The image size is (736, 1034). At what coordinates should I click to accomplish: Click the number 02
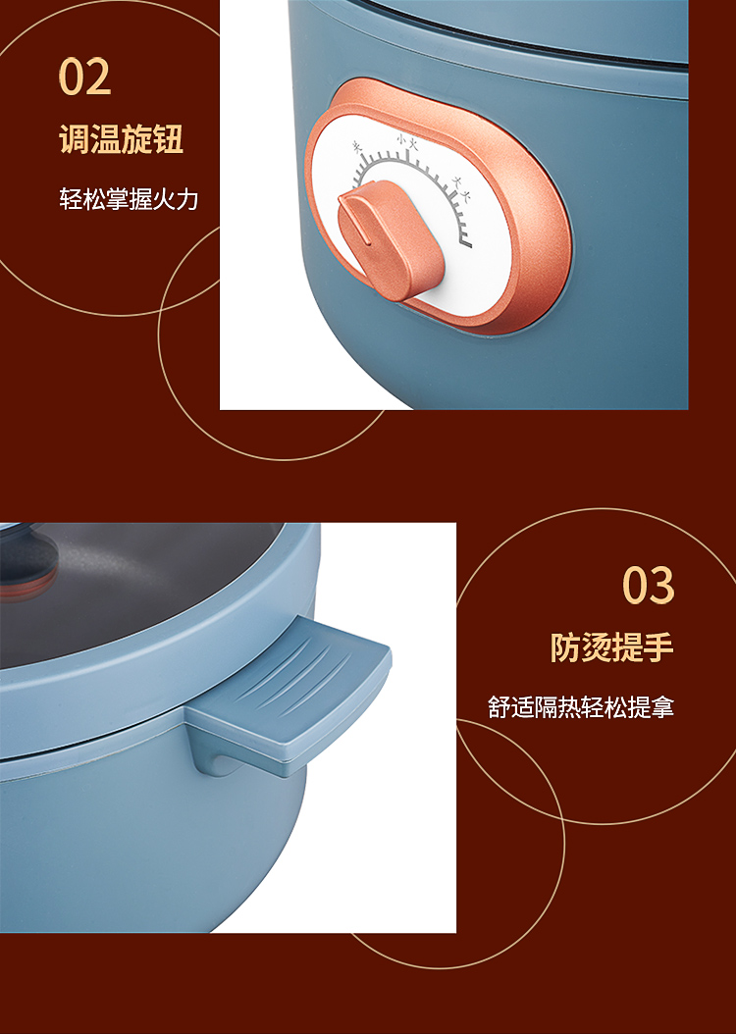[84, 77]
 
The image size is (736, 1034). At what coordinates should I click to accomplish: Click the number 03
[649, 585]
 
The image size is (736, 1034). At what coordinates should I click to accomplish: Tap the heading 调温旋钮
[122, 138]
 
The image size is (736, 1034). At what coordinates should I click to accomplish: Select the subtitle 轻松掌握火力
[129, 198]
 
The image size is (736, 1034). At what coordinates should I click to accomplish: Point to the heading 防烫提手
[612, 646]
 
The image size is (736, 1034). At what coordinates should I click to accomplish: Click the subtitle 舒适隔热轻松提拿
[581, 707]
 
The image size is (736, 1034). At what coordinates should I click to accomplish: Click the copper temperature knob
[390, 239]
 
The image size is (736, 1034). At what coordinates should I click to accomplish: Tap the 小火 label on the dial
[407, 142]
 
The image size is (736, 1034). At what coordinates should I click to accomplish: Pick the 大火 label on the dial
[459, 187]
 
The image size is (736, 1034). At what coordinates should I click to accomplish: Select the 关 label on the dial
[358, 147]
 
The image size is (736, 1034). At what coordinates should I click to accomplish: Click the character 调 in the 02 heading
[75, 138]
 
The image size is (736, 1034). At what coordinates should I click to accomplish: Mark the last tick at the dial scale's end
[466, 245]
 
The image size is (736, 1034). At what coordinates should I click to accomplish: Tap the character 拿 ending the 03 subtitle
[662, 707]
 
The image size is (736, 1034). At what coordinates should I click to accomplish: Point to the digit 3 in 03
[662, 585]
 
